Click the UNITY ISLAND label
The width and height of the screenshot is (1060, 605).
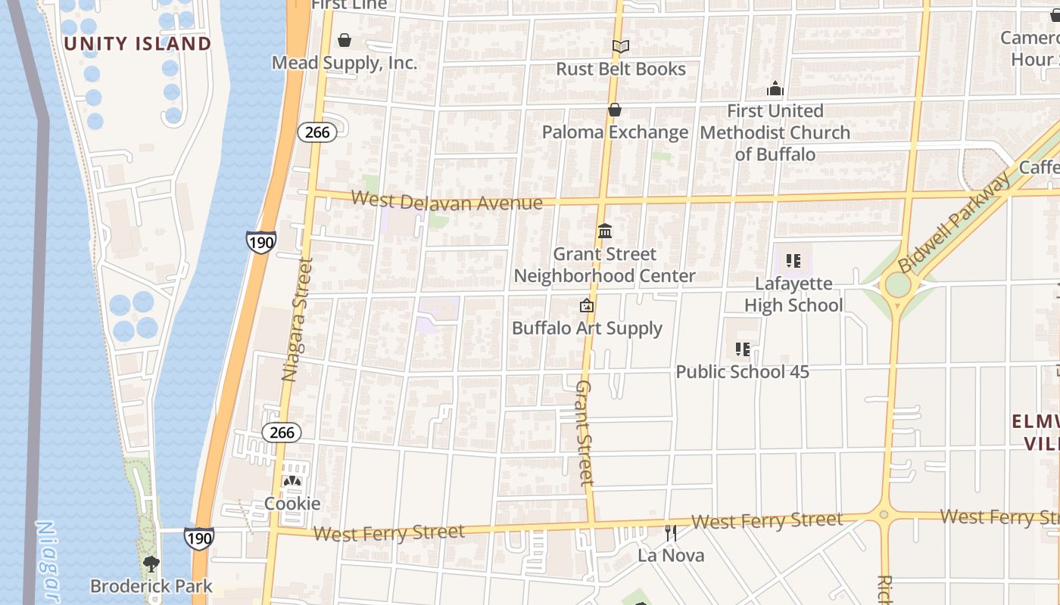click(x=137, y=44)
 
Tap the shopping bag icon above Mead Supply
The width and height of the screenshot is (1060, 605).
click(x=344, y=40)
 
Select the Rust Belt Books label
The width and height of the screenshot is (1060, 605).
click(x=621, y=69)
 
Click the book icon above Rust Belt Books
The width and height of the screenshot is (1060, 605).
click(x=621, y=47)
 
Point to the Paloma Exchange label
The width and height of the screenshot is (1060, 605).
click(x=615, y=132)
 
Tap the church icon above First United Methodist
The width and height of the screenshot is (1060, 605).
click(x=775, y=89)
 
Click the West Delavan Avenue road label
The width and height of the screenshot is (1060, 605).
click(x=447, y=202)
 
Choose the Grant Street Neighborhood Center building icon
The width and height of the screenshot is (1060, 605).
click(x=605, y=231)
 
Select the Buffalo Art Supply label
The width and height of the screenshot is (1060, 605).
click(x=587, y=328)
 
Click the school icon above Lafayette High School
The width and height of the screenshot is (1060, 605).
click(x=793, y=262)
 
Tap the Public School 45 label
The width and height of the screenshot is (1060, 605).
click(x=742, y=372)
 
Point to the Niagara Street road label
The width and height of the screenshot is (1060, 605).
click(x=297, y=318)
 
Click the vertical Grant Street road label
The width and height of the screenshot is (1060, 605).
click(x=585, y=432)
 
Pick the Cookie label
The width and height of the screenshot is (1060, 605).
click(x=292, y=504)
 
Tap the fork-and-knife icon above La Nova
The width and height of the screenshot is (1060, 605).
click(x=670, y=533)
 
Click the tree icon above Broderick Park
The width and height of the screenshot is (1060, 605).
click(x=151, y=563)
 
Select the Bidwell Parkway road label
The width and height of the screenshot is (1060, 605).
click(x=954, y=223)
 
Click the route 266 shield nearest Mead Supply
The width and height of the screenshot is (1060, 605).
click(x=317, y=132)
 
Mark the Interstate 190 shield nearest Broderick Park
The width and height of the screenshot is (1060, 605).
click(x=198, y=538)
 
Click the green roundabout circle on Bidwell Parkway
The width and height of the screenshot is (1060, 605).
click(x=897, y=285)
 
